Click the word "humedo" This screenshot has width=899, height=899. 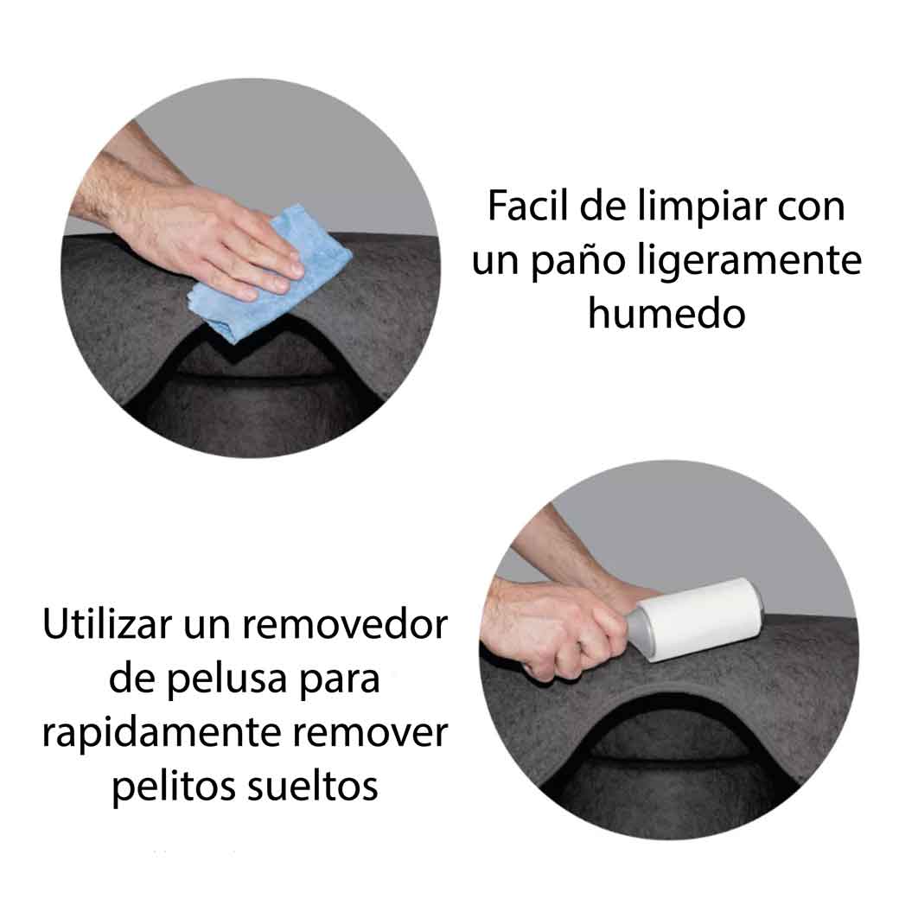[666, 314]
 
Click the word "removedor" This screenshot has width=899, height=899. [345, 624]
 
